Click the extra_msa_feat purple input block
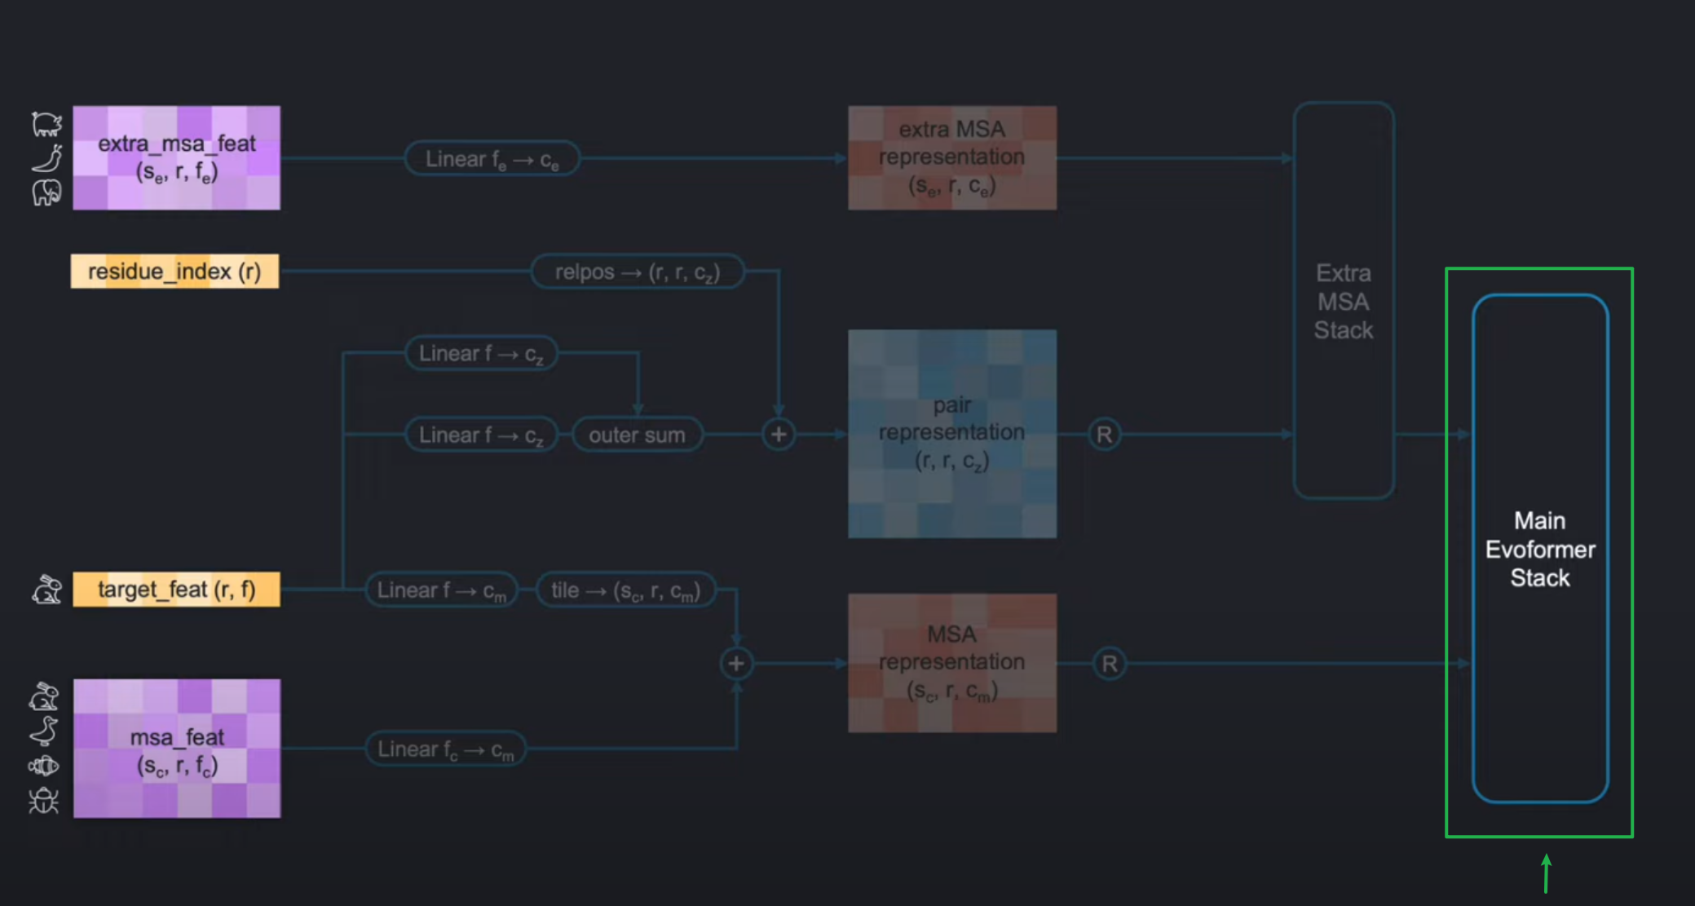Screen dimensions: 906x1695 point(176,157)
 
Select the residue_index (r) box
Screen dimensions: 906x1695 point(174,272)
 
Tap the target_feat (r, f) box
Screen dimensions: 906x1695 point(176,590)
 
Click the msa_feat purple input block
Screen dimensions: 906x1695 point(177,749)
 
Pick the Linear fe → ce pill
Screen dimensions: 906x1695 point(492,159)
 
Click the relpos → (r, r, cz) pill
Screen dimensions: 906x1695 point(637,272)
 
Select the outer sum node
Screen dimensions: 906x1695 point(637,435)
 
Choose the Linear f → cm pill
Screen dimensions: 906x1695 point(441,590)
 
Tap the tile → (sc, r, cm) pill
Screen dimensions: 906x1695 point(625,590)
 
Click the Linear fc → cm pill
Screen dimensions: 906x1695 point(445,749)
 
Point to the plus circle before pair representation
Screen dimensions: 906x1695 point(779,435)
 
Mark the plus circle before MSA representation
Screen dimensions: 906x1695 point(736,664)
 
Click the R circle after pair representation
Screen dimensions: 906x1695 point(1104,435)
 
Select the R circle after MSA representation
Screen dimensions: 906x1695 point(1109,664)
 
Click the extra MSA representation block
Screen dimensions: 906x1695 point(952,157)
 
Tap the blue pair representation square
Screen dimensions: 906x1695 point(952,434)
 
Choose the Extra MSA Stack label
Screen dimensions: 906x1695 point(1343,302)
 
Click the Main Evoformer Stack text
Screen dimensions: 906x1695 point(1539,549)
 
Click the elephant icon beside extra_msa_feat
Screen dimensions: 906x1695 point(46,193)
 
